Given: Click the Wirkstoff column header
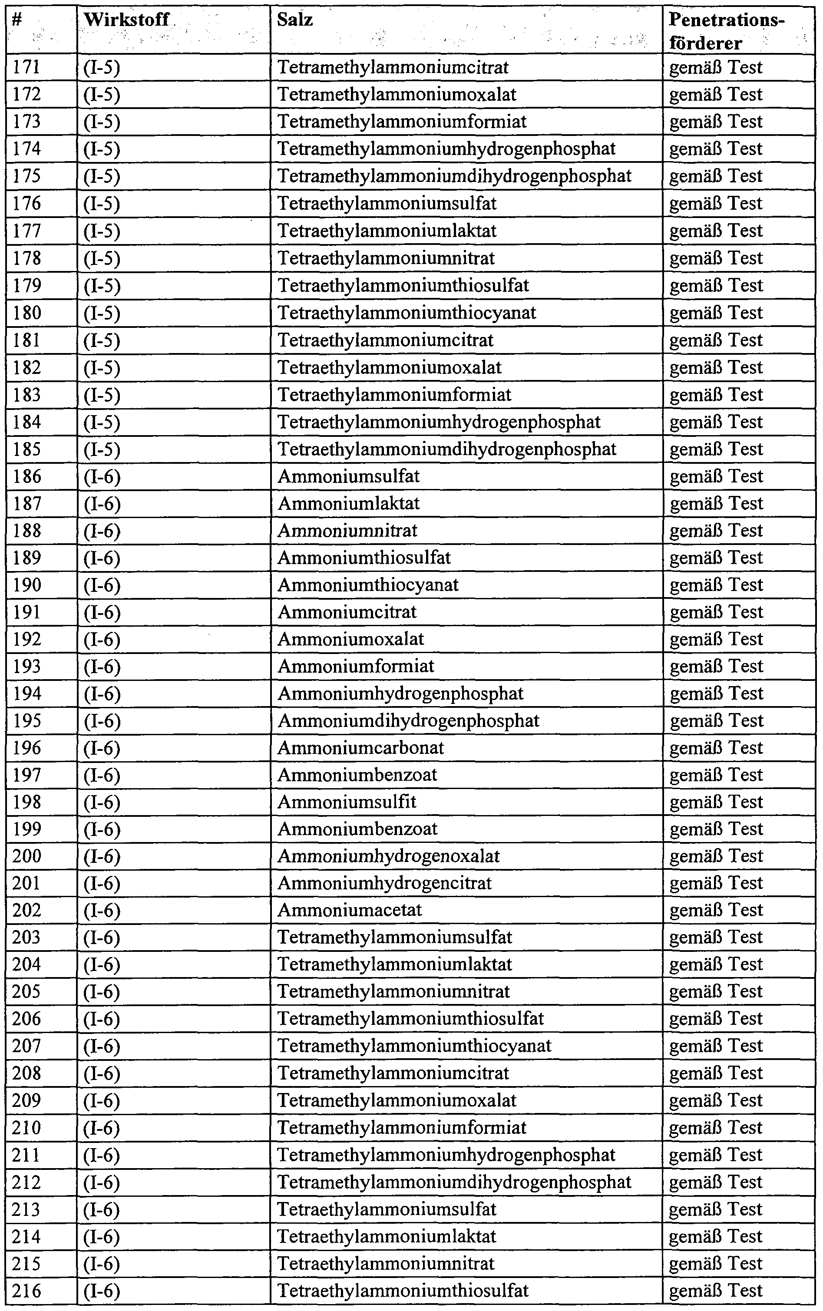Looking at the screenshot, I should (x=126, y=20).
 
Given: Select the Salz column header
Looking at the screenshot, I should (x=294, y=20).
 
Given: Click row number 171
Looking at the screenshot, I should (x=26, y=67).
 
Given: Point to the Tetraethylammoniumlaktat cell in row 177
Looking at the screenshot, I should (x=387, y=231).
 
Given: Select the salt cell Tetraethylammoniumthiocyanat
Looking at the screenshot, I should (x=407, y=313).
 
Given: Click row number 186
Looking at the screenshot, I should (x=26, y=476).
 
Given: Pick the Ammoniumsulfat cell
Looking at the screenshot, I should (x=348, y=476).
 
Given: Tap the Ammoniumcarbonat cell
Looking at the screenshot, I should (x=360, y=748).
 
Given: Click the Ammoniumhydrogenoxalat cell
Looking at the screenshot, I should (x=388, y=856).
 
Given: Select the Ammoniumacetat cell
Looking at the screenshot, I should (x=350, y=910).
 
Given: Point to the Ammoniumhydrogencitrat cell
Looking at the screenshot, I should (x=384, y=883).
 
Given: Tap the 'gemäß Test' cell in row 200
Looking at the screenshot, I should (x=716, y=856).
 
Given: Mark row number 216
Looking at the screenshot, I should (x=26, y=1290).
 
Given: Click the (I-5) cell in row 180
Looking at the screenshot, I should (x=102, y=313).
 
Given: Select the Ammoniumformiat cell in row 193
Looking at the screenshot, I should (x=356, y=666).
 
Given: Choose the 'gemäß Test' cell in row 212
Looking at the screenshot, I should (x=716, y=1182).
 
